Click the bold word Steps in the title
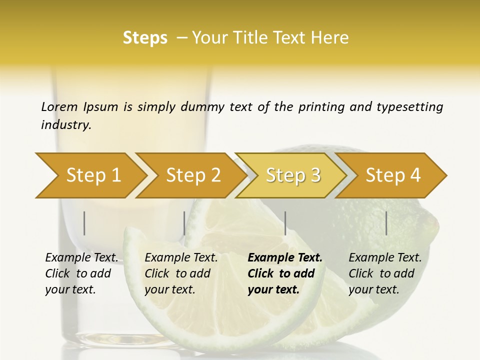click(x=145, y=37)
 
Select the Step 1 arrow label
click(x=93, y=175)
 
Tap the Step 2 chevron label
click(x=193, y=175)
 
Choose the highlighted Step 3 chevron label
click(x=293, y=175)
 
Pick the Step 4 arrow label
click(x=393, y=175)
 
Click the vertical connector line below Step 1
click(x=84, y=223)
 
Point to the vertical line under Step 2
click(x=184, y=223)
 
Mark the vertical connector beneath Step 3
click(x=285, y=223)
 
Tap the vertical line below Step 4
click(x=386, y=223)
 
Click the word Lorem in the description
click(x=59, y=106)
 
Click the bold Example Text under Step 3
click(x=285, y=257)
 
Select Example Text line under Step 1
click(x=81, y=257)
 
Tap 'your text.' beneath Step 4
click(x=373, y=289)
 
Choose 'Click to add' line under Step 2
click(x=177, y=273)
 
